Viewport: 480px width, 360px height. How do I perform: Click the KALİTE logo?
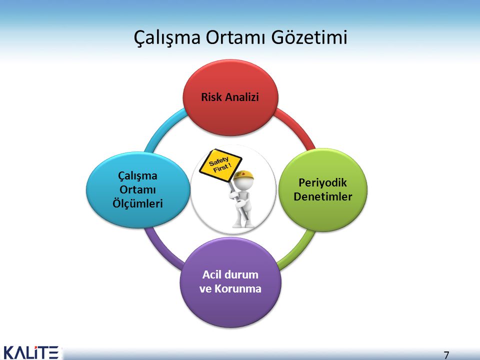31,352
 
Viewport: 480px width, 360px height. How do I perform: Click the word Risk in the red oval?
212,97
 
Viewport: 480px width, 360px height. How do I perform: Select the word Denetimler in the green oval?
322,196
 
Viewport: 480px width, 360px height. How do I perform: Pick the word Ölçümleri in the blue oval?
140,204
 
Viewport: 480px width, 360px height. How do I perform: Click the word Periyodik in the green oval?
322,182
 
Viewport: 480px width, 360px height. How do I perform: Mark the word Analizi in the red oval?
241,97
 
